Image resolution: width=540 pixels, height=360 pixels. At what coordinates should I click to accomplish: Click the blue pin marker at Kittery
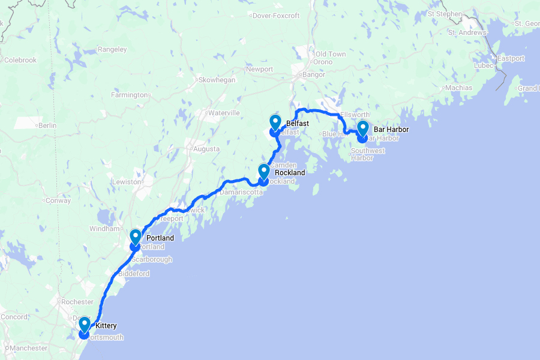pos(85,325)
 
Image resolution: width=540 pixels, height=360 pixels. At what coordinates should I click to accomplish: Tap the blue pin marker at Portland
pos(135,238)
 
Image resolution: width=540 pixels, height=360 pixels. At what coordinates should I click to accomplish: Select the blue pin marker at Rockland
pos(263,172)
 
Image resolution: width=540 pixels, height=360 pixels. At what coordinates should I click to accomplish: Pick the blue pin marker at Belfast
pos(275,123)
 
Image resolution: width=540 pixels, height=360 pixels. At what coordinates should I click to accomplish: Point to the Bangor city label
pos(314,74)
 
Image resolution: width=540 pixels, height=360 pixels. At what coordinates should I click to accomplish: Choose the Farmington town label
pos(130,95)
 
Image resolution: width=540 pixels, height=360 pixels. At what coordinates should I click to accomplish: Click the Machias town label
pos(459,88)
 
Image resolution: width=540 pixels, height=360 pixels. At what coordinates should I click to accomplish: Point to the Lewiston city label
pos(127,181)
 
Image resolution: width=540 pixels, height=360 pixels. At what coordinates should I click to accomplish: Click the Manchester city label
pos(29,348)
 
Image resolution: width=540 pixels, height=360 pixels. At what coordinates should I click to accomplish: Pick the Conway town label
pos(59,200)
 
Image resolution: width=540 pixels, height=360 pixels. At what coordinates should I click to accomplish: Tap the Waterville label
pos(224,113)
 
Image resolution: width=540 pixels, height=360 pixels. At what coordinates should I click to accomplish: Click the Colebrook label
pos(20,60)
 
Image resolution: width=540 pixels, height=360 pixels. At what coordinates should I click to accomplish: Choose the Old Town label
pos(331,54)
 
